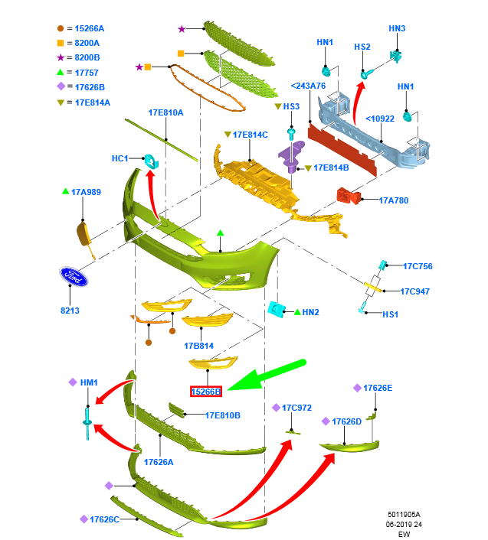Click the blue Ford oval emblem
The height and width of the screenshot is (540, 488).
74,278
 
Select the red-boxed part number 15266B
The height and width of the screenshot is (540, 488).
206,392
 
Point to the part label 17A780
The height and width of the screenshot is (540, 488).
394,200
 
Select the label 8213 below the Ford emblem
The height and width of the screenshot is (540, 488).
70,311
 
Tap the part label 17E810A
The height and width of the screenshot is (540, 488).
165,112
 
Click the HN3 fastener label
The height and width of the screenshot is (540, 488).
397,28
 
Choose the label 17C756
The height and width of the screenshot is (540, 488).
418,266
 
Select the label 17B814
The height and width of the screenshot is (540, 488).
198,346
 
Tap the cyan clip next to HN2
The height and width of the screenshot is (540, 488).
276,310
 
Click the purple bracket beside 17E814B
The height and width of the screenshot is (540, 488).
290,159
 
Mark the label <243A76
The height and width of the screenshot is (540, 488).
308,86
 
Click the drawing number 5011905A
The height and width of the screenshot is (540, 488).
403,514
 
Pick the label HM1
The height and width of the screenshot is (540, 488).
89,382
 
